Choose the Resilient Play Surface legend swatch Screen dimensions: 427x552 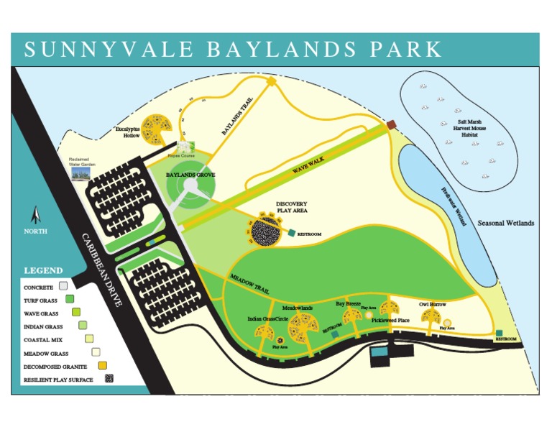click(x=109, y=379)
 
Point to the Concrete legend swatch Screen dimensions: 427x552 click(x=63, y=287)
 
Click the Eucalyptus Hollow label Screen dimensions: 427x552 click(x=131, y=132)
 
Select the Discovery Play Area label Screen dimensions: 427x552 click(x=292, y=208)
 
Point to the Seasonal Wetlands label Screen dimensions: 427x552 click(x=506, y=224)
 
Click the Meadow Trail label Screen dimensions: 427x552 click(x=249, y=283)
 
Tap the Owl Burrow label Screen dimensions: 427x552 click(x=433, y=305)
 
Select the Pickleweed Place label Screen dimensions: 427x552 click(x=390, y=321)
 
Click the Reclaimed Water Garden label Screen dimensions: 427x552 click(x=81, y=162)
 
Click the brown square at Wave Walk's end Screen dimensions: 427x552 click(x=391, y=125)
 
